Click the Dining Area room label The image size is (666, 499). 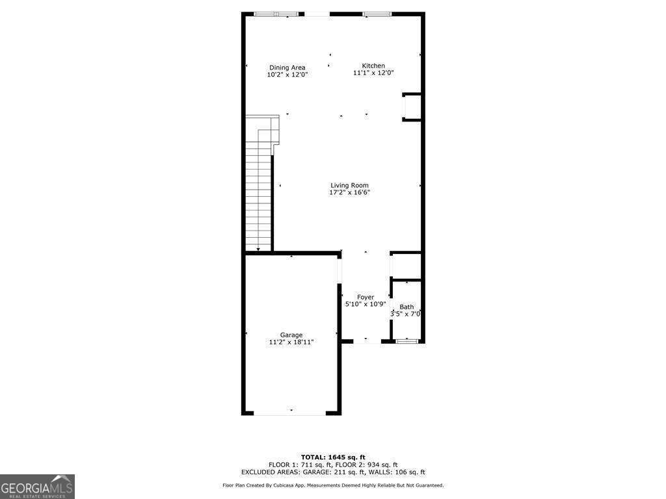pos(287,68)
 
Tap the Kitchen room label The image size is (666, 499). pos(373,66)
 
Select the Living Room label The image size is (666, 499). pos(349,185)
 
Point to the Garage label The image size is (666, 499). pos(291,335)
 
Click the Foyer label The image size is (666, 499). pos(365,297)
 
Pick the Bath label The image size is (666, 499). pos(406,307)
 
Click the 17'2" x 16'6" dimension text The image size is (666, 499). pos(349,192)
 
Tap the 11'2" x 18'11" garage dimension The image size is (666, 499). pos(291,342)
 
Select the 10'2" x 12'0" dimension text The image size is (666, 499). pos(287,75)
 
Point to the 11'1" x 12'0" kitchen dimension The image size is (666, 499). pos(373,73)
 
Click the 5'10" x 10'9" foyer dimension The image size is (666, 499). pos(365,304)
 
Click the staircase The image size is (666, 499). pos(258,195)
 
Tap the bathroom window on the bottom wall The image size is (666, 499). pos(407,340)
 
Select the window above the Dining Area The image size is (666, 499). pos(277,14)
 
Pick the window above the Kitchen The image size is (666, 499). pos(377,14)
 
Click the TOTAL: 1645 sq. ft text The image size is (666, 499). pos(333,457)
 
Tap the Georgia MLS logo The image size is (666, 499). pos(37,487)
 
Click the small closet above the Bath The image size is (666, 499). pos(407,265)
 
